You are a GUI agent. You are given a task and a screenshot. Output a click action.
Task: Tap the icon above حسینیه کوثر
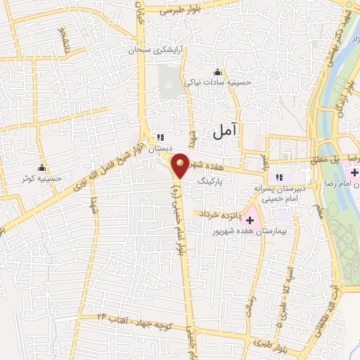pos(42,168)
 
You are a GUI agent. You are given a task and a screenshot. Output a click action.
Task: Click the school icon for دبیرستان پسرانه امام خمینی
pos(279,177)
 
